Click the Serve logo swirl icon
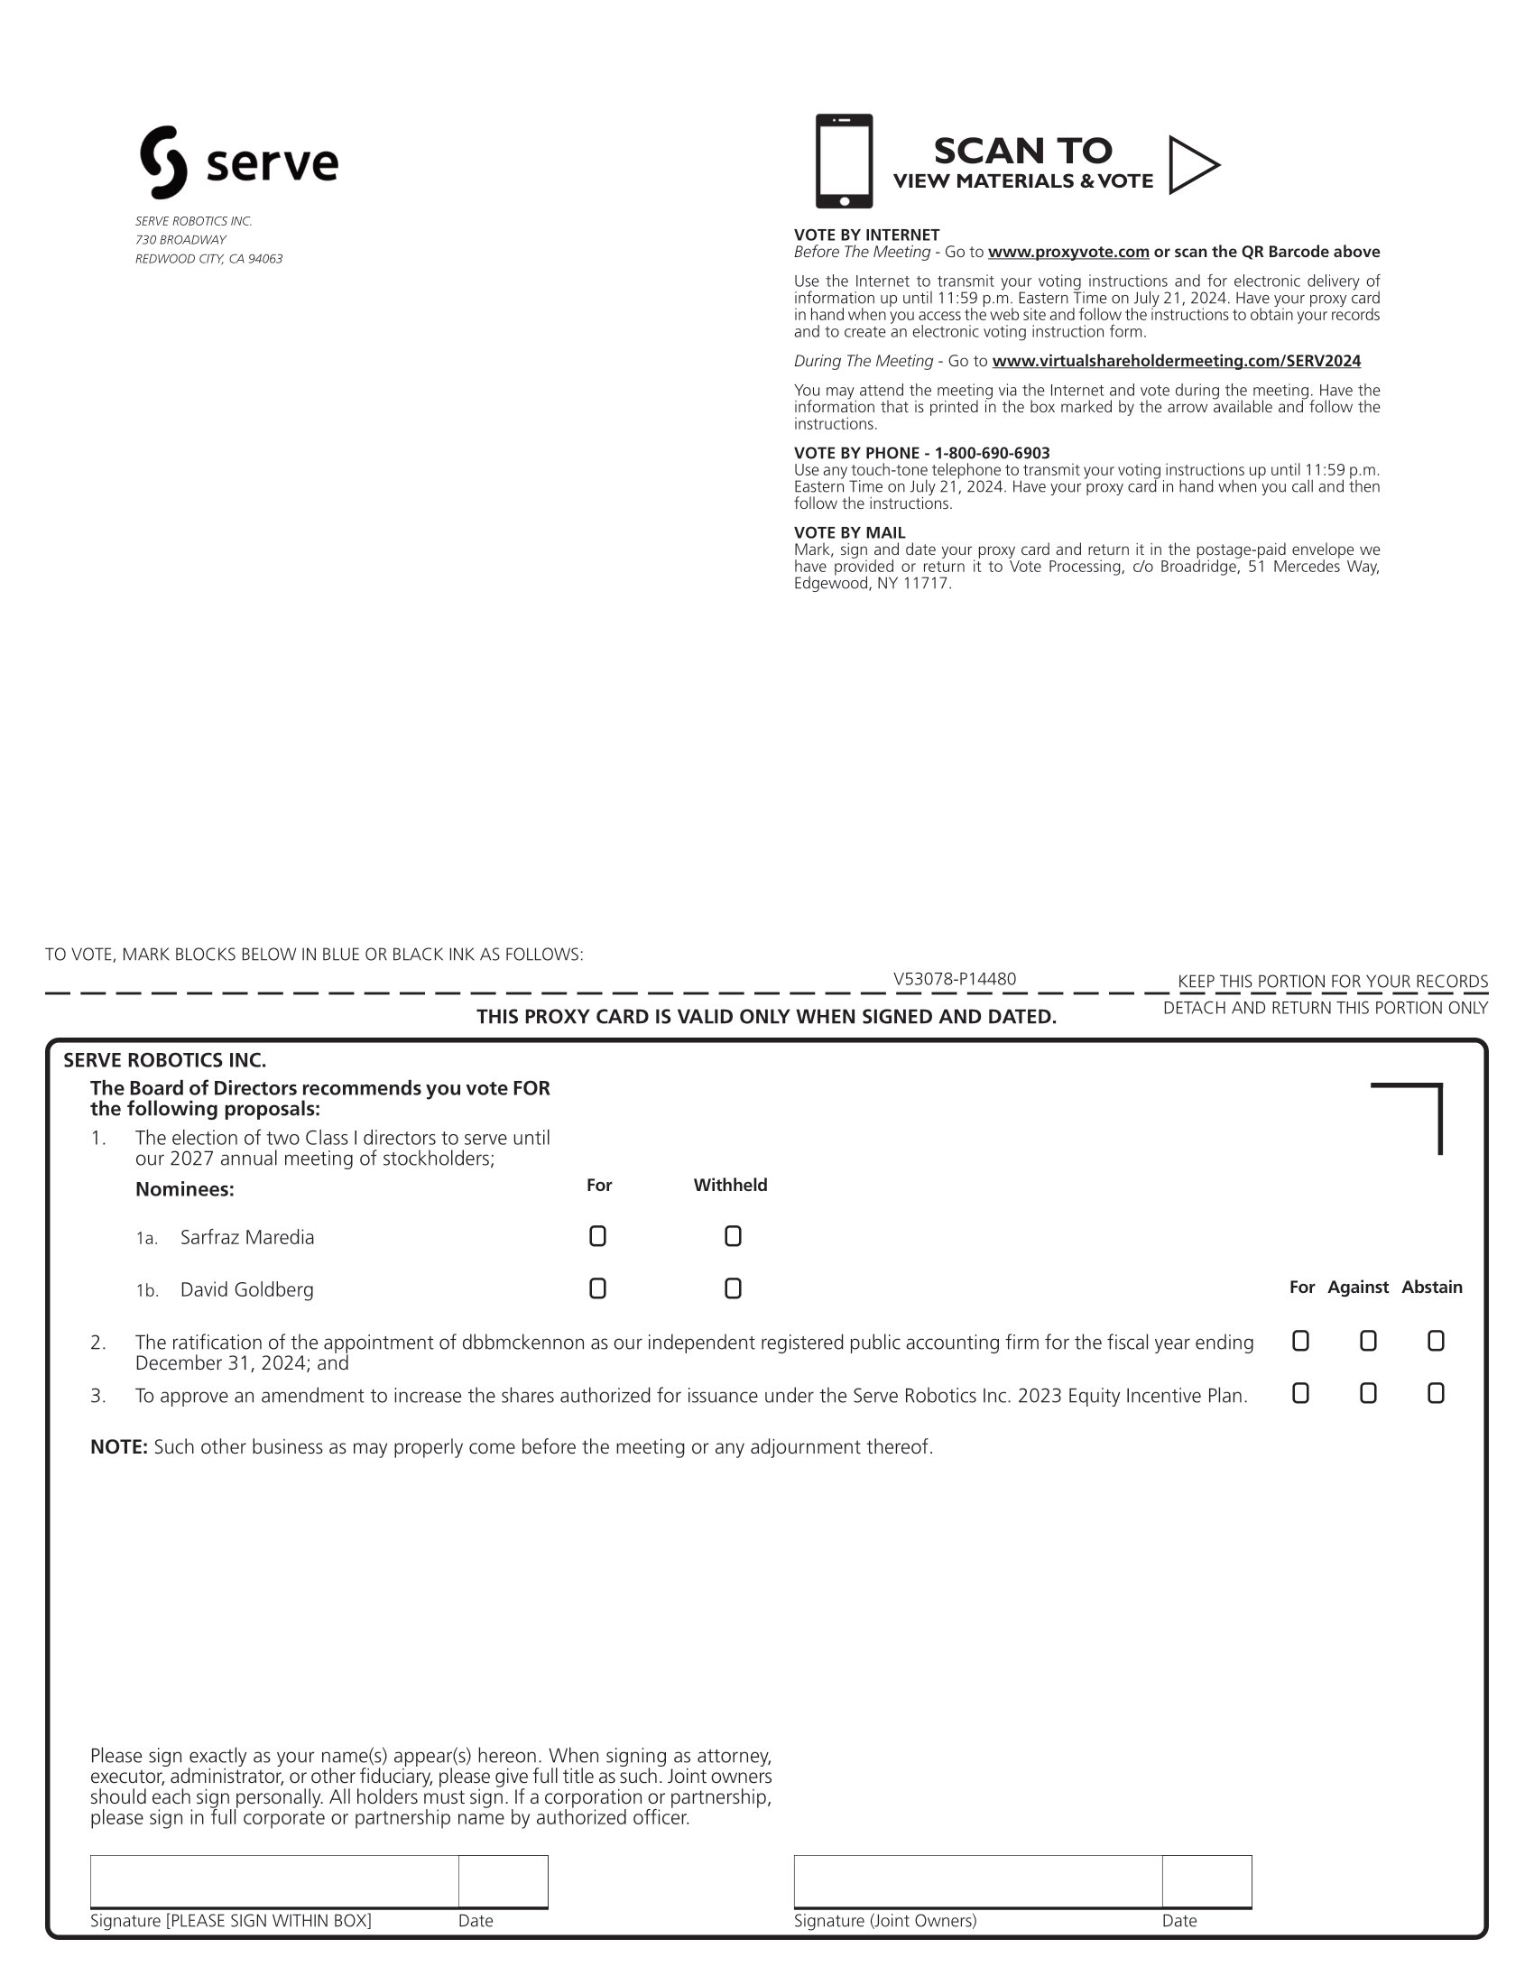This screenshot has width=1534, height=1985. pyautogui.click(x=163, y=162)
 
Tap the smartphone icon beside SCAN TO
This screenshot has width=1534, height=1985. pyautogui.click(x=844, y=161)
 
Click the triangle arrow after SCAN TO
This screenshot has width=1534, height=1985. pyautogui.click(x=1191, y=164)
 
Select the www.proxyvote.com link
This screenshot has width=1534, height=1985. pyautogui.click(x=1067, y=252)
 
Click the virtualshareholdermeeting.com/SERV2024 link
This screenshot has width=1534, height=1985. pyautogui.click(x=1176, y=361)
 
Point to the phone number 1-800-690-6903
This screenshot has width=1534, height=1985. pyautogui.click(x=992, y=453)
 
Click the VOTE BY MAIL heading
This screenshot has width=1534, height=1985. pyautogui.click(x=849, y=532)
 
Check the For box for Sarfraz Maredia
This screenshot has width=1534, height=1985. pyautogui.click(x=597, y=1236)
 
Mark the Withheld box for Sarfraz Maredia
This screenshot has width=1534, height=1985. pyautogui.click(x=733, y=1236)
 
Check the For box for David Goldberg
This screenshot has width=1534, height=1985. pyautogui.click(x=597, y=1288)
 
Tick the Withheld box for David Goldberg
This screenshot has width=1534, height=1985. pyautogui.click(x=733, y=1288)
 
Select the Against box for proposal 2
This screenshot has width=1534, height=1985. pyautogui.click(x=1368, y=1342)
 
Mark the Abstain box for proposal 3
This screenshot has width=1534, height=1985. pyautogui.click(x=1435, y=1393)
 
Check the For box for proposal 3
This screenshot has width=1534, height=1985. pyautogui.click(x=1300, y=1393)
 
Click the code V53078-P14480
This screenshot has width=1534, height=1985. pyautogui.click(x=954, y=979)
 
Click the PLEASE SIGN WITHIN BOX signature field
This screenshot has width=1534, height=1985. pyautogui.click(x=273, y=1880)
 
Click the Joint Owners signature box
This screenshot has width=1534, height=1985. pyautogui.click(x=977, y=1880)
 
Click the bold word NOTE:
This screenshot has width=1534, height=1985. pyautogui.click(x=118, y=1447)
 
